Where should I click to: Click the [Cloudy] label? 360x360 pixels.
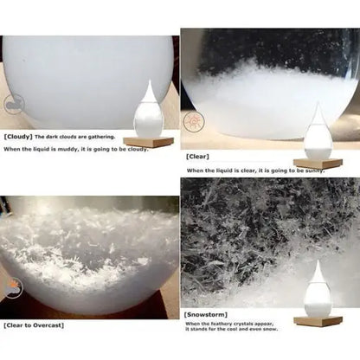pyautogui.click(x=17, y=137)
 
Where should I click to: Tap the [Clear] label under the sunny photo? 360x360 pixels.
pyautogui.click(x=196, y=156)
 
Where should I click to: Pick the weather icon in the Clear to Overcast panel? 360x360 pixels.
pyautogui.click(x=10, y=286)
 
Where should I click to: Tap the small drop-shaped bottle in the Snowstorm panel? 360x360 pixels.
pyautogui.click(x=318, y=291)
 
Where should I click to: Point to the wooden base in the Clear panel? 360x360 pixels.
pyautogui.click(x=318, y=163)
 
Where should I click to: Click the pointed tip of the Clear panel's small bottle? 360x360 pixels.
pyautogui.click(x=318, y=105)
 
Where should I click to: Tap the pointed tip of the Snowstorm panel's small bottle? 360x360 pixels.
pyautogui.click(x=318, y=261)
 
